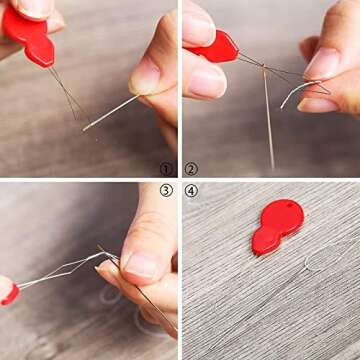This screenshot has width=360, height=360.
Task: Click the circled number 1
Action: tap(166, 170)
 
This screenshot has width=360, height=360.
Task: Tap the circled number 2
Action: tap(192, 170)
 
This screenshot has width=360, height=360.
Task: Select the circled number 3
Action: tap(166, 190)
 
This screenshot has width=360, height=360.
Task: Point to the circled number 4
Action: tap(192, 190)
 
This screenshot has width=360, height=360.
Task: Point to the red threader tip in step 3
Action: tap(9, 293)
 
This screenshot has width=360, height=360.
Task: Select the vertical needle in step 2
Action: tap(267, 120)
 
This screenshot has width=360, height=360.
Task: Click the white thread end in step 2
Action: tap(290, 95)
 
